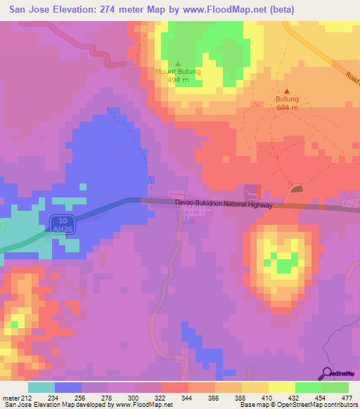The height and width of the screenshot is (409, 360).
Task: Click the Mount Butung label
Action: coord(178,72)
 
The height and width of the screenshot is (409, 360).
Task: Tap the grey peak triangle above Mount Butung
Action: coord(178,63)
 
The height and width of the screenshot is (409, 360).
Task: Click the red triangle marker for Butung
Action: coord(287,91)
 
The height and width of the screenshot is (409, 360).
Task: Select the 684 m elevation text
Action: coord(287,108)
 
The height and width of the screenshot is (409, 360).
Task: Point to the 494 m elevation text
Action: coord(178,80)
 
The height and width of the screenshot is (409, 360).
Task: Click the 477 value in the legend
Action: coord(347,398)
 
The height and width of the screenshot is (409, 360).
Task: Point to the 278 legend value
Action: coord(105,398)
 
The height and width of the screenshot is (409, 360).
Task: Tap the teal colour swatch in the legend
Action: coord(41,387)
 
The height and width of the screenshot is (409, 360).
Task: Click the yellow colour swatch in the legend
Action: coord(281,387)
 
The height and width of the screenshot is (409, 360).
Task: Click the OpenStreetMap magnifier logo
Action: coord(327,374)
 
